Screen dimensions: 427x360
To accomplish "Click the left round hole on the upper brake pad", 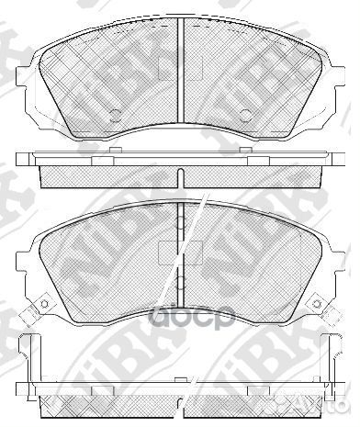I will [116, 115].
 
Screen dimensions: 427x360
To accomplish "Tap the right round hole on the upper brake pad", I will [245, 115].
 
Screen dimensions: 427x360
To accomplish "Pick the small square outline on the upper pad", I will [166, 68].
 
